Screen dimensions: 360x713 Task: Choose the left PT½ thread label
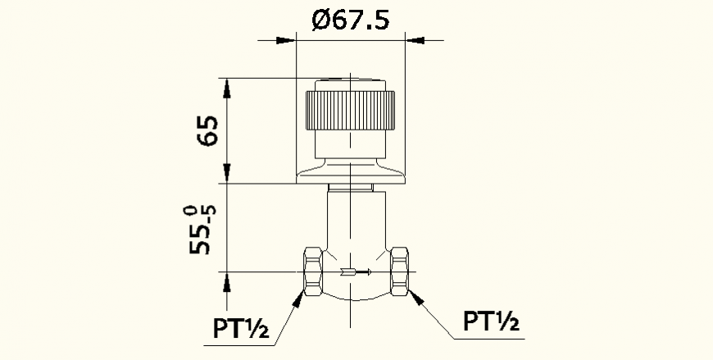pos(241,329)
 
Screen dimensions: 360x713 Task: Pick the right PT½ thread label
pos(491,321)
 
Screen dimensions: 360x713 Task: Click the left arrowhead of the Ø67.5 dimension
pos(286,39)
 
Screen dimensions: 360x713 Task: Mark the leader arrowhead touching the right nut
pos(414,296)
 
